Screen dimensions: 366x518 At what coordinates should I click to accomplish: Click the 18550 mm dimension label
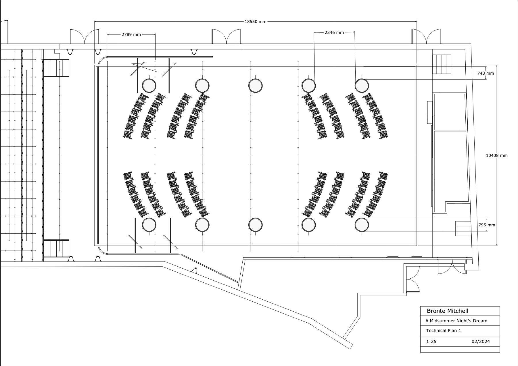pyautogui.click(x=255, y=22)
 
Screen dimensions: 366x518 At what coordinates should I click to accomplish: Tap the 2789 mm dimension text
pyautogui.click(x=131, y=34)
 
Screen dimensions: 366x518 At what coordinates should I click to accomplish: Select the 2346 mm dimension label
pyautogui.click(x=334, y=32)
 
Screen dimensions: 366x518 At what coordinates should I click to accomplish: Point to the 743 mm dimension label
pyautogui.click(x=486, y=73)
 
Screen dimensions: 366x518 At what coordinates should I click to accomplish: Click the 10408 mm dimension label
pyautogui.click(x=496, y=155)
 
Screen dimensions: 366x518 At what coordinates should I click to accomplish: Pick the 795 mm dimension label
pyautogui.click(x=487, y=225)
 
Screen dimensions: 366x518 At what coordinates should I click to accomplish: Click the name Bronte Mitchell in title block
pyautogui.click(x=447, y=311)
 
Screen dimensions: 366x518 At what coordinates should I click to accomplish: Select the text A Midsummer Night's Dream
pyautogui.click(x=456, y=321)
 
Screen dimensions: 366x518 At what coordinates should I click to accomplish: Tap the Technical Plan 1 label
pyautogui.click(x=443, y=330)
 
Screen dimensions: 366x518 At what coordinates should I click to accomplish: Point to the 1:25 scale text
pyautogui.click(x=431, y=342)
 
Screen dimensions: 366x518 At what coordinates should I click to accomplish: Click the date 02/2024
pyautogui.click(x=481, y=342)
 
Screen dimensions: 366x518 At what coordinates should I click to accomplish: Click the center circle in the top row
pyautogui.click(x=255, y=86)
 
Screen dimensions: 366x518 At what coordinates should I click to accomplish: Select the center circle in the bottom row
pyautogui.click(x=255, y=225)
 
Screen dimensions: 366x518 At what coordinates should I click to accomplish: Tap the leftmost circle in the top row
pyautogui.click(x=149, y=86)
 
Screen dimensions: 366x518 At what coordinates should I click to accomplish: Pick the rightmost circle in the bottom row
pyautogui.click(x=362, y=225)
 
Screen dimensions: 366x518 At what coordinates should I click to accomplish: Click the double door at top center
pyautogui.click(x=227, y=36)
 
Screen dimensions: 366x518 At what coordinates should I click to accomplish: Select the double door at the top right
pyautogui.click(x=426, y=36)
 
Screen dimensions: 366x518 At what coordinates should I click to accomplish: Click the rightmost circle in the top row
pyautogui.click(x=362, y=86)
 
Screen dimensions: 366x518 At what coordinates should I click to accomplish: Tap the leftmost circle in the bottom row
pyautogui.click(x=149, y=225)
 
